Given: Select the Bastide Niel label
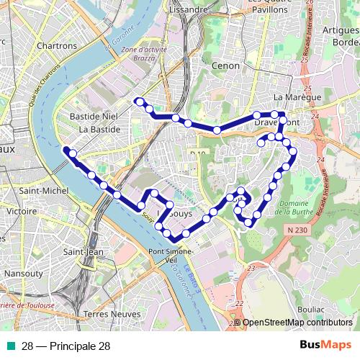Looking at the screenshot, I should (93, 116).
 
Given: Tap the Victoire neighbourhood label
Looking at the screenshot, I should (21, 212).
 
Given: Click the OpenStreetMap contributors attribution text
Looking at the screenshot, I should (297, 323).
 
